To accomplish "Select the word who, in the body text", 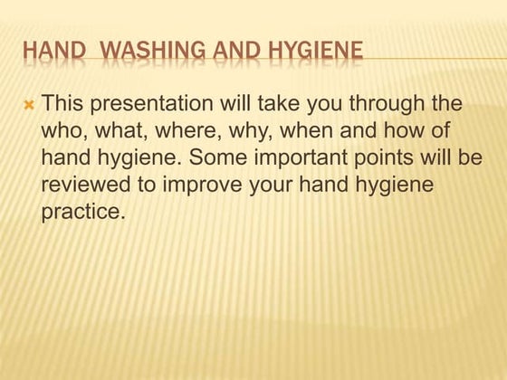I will click(63, 132).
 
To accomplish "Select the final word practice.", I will click(81, 213).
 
